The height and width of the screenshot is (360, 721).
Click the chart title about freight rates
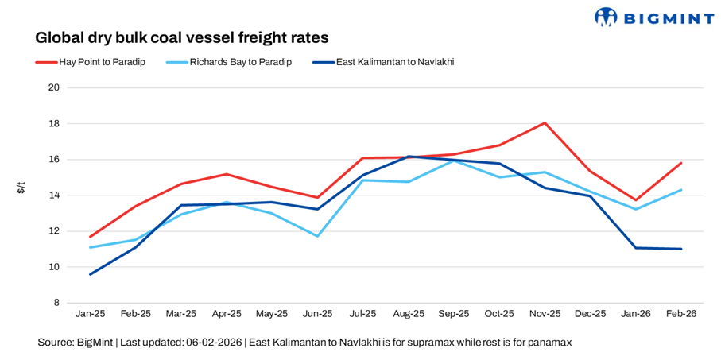point(181,37)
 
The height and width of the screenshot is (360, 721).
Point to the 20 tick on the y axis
point(55,87)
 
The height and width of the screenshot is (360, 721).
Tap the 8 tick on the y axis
point(57,303)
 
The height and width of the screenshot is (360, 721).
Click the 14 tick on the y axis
point(55,195)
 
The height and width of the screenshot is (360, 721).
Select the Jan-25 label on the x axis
point(90,314)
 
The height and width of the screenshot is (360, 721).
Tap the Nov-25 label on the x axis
point(545,314)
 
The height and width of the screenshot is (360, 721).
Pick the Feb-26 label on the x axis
point(680,314)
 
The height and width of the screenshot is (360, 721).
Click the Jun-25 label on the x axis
point(317,314)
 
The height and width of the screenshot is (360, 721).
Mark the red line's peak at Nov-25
point(545,122)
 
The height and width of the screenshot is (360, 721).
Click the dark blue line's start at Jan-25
point(90,274)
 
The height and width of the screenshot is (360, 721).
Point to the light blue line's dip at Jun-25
point(317,236)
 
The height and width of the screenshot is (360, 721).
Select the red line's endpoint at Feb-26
point(681,163)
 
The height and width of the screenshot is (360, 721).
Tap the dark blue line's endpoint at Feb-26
point(681,249)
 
